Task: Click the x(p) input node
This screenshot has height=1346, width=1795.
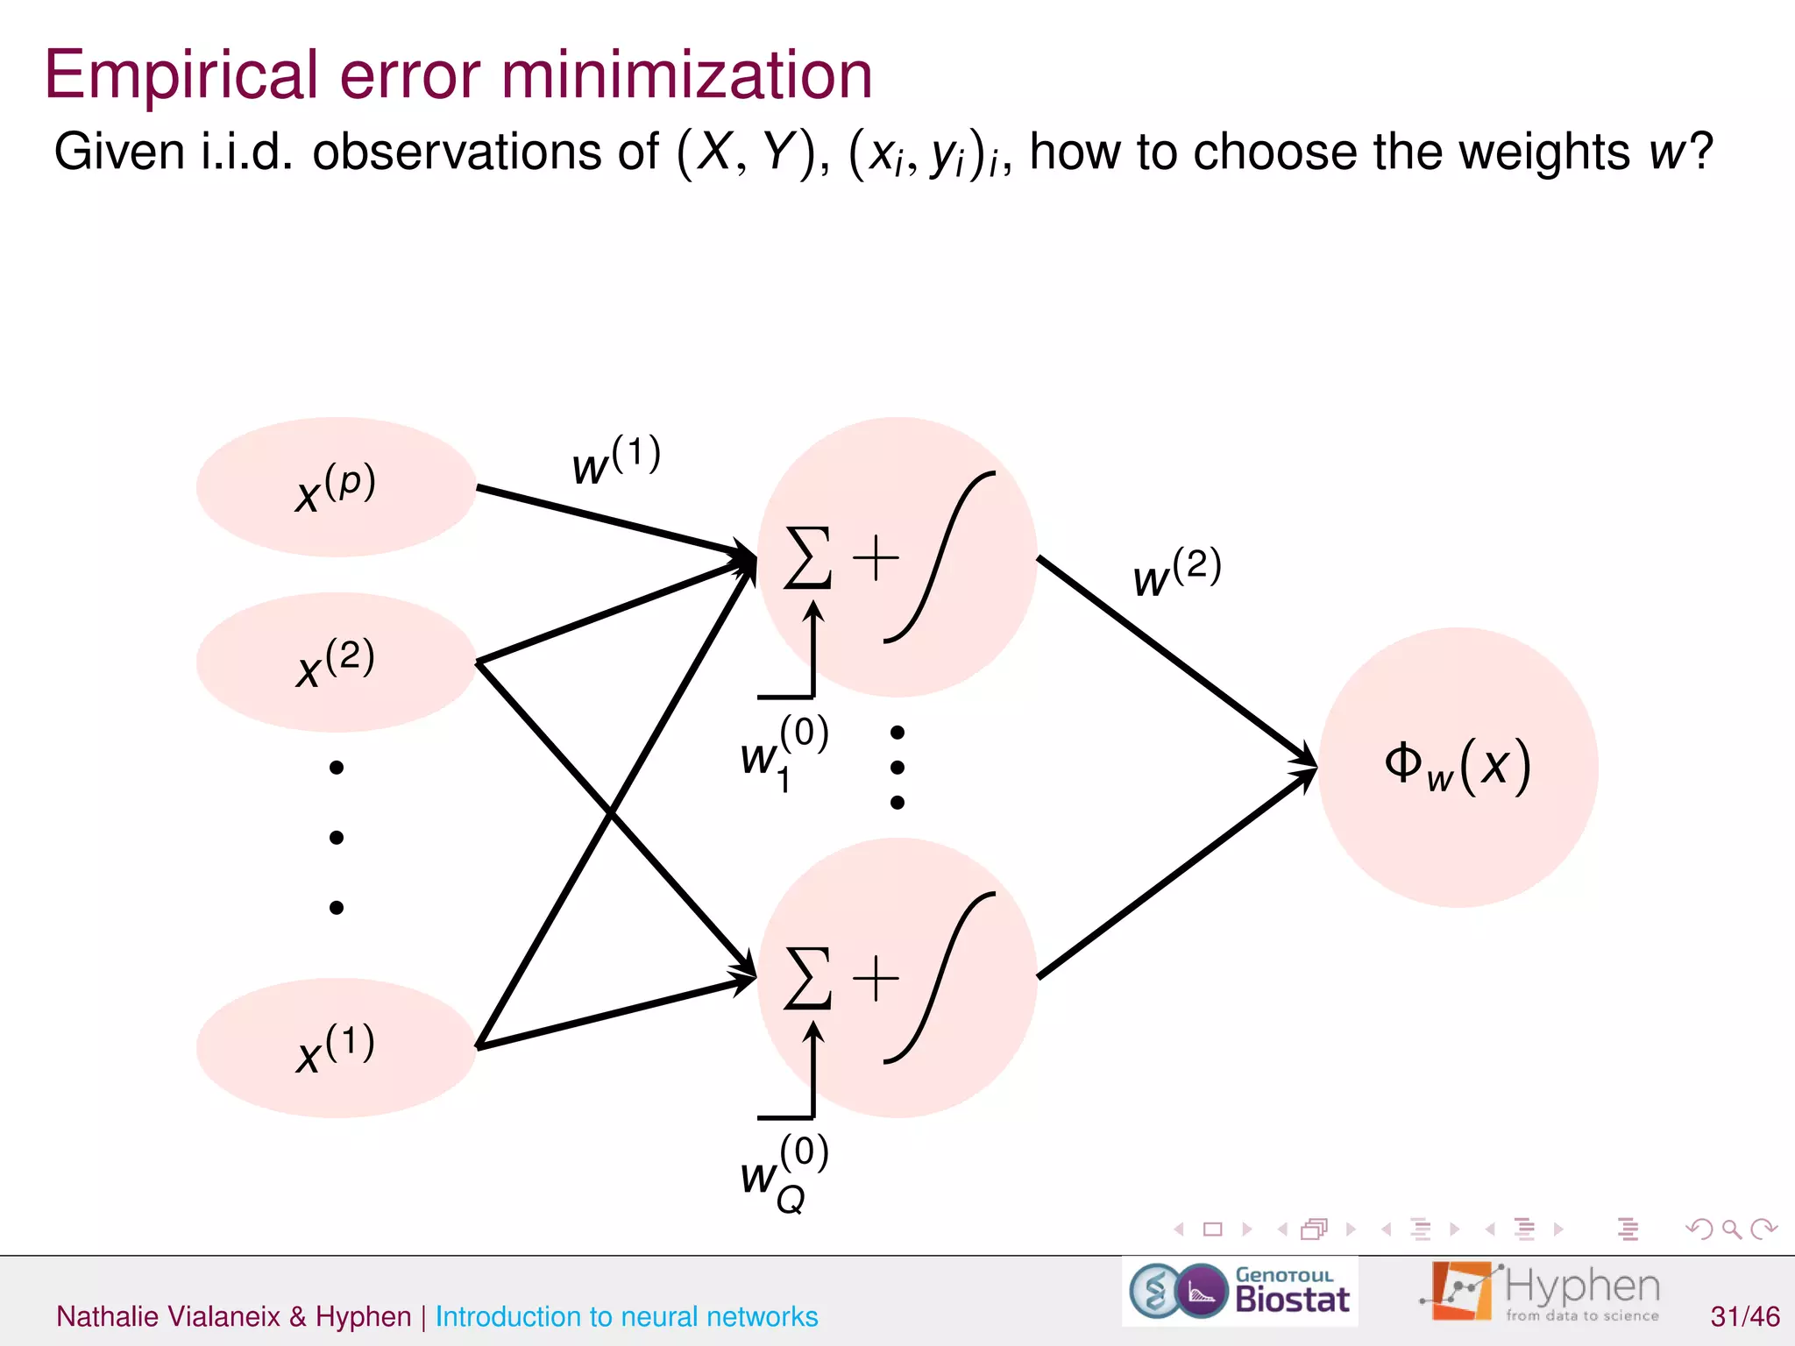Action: pos(336,487)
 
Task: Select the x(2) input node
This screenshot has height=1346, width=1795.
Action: pos(336,662)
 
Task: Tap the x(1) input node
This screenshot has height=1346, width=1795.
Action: pos(336,1048)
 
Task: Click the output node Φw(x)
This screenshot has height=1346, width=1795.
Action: pos(1458,767)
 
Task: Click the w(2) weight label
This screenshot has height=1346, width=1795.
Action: pos(1176,572)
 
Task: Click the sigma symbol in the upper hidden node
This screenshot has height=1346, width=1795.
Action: pos(807,558)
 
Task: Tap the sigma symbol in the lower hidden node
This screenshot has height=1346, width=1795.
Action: pos(807,978)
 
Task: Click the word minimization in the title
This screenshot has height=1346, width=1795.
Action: pos(686,75)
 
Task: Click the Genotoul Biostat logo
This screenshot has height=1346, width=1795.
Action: pos(1239,1292)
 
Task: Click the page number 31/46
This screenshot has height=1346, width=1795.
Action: pos(1744,1316)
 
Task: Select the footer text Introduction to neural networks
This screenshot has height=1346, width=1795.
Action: pos(626,1316)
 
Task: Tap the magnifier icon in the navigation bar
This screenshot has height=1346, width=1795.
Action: pos(1731,1229)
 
